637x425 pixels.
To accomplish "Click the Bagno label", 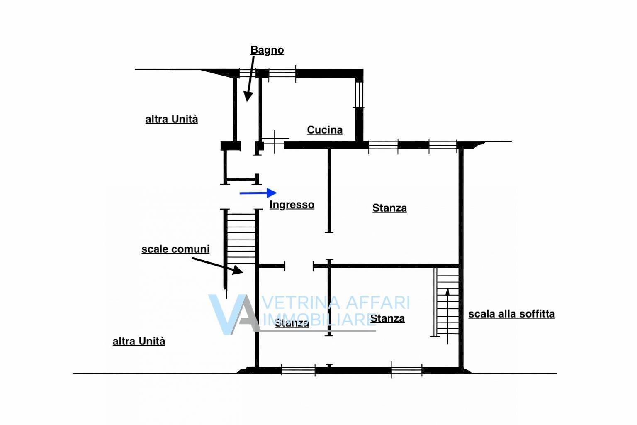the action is (267, 50).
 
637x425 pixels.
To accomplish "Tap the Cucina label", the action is (325, 130).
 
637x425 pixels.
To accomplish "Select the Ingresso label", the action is (292, 205).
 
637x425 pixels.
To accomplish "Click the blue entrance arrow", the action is (258, 193).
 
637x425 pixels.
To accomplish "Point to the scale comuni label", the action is (175, 249).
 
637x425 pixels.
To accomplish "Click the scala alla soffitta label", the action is (512, 314).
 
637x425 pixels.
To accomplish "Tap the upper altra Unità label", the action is (171, 119).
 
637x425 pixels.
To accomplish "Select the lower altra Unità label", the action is (139, 341).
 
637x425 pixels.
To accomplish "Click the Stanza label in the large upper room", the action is (389, 208).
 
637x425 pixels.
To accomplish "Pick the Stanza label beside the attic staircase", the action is (388, 318).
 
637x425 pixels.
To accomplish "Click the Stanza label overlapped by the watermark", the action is (292, 323).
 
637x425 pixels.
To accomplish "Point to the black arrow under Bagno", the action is (249, 79).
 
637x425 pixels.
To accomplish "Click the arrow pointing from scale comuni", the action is (218, 266).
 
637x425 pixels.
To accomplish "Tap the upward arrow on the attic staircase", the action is (447, 316).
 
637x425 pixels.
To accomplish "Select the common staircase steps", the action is (241, 239).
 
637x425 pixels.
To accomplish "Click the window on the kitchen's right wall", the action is (359, 95).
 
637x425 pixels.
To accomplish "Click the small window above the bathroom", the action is (248, 73).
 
